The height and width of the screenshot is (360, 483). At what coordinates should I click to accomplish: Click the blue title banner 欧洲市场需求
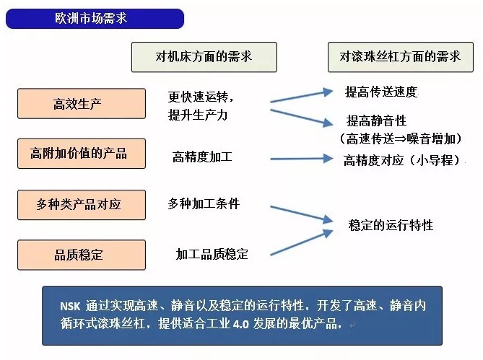[95, 19]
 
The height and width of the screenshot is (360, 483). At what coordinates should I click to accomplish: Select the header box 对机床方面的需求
[204, 57]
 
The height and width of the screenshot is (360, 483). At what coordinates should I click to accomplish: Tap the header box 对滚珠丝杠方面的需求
[401, 57]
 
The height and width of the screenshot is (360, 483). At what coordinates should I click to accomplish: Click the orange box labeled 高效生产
[82, 104]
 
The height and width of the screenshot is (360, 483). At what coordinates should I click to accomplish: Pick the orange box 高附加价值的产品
[82, 154]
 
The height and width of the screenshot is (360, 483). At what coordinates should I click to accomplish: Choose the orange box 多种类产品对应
[82, 205]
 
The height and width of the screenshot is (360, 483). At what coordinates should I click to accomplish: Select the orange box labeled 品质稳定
[82, 255]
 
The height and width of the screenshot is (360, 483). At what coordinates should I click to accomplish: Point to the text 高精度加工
[202, 157]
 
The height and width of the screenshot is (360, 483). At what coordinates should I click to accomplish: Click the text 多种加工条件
[204, 203]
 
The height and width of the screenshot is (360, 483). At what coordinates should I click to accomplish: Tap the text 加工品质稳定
[212, 254]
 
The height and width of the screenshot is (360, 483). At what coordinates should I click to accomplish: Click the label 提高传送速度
[381, 92]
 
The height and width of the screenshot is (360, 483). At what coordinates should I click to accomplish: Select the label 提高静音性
[376, 120]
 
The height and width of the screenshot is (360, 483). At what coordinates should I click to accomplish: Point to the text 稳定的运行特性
[391, 225]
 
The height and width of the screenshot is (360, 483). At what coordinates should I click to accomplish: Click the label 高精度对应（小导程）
[401, 160]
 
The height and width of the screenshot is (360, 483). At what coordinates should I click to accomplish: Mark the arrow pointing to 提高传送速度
[302, 96]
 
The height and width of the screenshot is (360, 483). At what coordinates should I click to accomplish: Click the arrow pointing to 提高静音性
[302, 118]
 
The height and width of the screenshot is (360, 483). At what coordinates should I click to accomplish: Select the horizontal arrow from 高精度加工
[302, 159]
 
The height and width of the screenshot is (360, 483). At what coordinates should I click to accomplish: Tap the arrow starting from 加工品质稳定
[302, 242]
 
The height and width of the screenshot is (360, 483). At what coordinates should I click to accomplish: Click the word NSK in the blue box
[70, 307]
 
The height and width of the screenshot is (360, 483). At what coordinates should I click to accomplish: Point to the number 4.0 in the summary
[241, 325]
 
